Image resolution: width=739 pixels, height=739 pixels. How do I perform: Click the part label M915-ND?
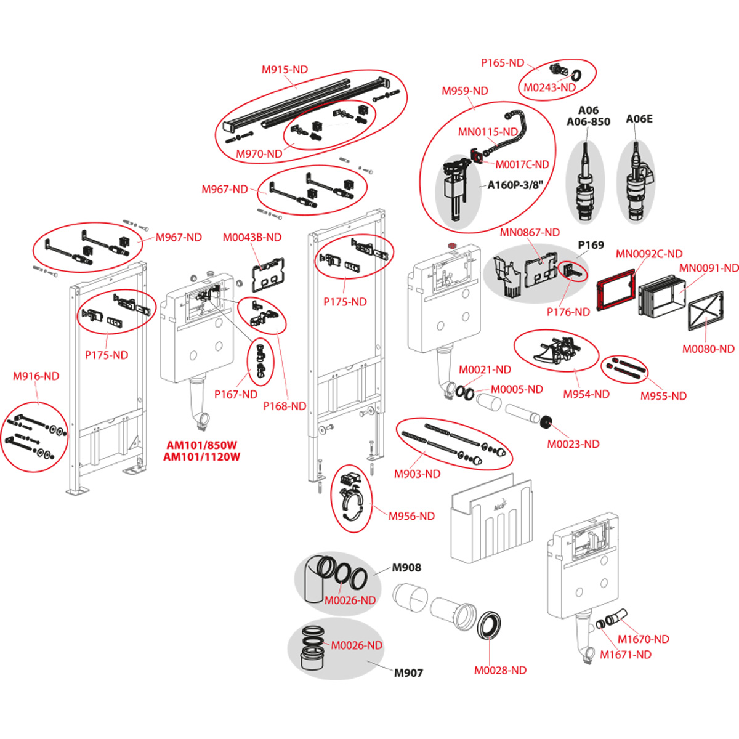point(285,70)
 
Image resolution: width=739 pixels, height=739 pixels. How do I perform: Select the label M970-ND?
point(259,154)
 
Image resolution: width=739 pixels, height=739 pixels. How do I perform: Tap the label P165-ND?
point(503,63)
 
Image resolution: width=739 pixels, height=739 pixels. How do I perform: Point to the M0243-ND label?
point(549,87)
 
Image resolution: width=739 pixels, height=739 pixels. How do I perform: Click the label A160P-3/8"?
point(515,185)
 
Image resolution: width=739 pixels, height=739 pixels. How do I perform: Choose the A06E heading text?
point(639,119)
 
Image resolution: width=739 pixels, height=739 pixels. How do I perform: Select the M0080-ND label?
point(708,349)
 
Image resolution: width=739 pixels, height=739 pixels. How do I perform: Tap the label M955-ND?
point(663,396)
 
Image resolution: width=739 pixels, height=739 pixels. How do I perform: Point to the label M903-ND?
point(417,474)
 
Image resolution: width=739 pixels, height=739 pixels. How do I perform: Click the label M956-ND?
point(411,516)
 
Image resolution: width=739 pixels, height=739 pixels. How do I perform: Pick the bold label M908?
point(406,568)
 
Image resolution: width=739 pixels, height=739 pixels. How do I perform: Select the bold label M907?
point(408,673)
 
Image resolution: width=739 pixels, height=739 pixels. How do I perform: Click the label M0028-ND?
point(500,671)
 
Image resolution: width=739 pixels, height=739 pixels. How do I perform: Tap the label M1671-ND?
point(625,655)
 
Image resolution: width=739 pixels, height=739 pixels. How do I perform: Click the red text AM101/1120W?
point(201,457)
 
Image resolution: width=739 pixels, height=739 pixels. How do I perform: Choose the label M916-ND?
point(36,376)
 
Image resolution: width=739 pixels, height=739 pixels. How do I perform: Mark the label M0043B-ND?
point(252,238)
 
